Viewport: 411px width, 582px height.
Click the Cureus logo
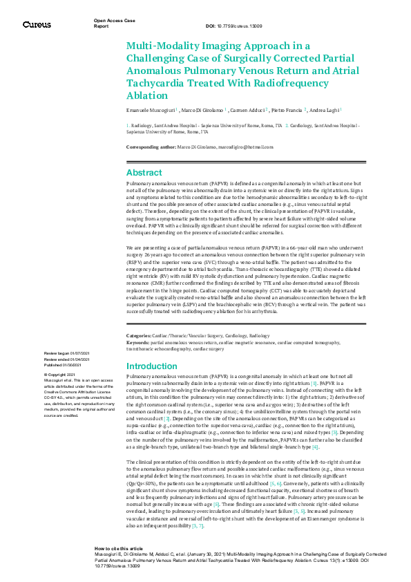(x=37, y=25)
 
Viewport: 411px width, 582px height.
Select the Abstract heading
(x=144, y=173)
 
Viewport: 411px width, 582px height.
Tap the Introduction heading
(x=152, y=366)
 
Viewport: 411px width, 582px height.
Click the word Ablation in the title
(x=146, y=95)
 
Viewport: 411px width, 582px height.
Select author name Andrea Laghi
(x=323, y=111)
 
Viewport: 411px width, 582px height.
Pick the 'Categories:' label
(x=140, y=335)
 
